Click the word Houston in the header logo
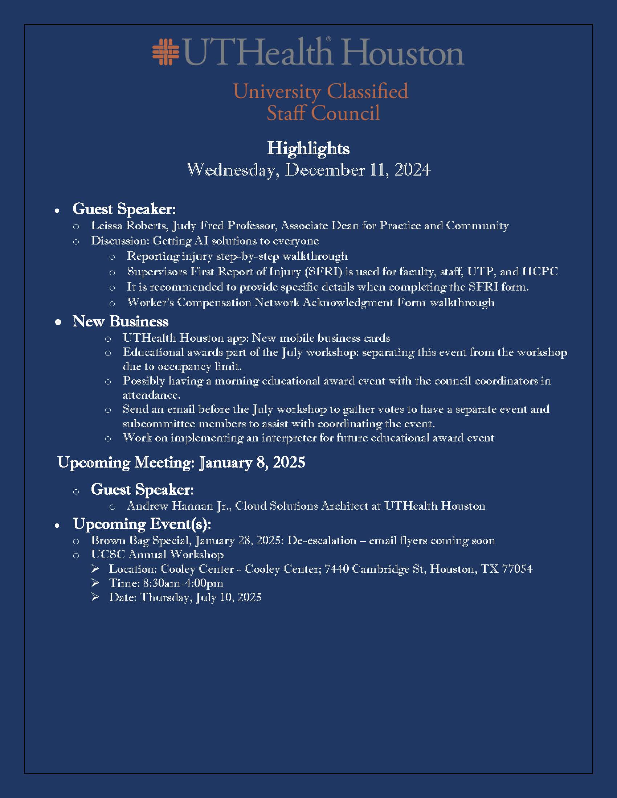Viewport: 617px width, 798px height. [x=403, y=53]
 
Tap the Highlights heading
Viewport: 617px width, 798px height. [x=308, y=148]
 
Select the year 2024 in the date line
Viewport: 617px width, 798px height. [x=412, y=170]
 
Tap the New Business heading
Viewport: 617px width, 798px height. [x=120, y=321]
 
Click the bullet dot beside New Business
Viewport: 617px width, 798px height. [x=58, y=322]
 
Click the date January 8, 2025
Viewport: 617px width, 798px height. [x=252, y=462]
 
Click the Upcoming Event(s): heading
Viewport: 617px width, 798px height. [x=142, y=524]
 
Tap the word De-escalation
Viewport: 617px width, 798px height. [x=322, y=540]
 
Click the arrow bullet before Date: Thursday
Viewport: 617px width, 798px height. [x=95, y=597]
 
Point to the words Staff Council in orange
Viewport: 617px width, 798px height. [x=323, y=113]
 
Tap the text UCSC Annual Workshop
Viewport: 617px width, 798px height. [x=157, y=555]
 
